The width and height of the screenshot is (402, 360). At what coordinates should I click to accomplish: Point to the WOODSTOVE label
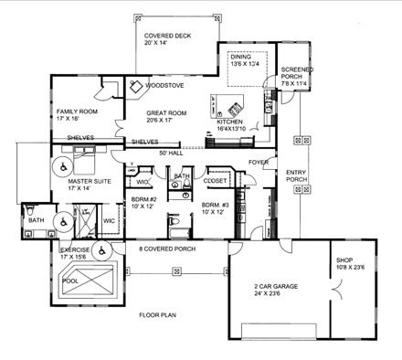[x=164, y=86]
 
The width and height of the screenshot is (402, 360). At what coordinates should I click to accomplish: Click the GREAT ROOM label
[x=168, y=115]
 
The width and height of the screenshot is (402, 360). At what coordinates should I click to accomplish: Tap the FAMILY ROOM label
[x=76, y=114]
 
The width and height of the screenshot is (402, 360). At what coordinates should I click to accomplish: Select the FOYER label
[x=258, y=164]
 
